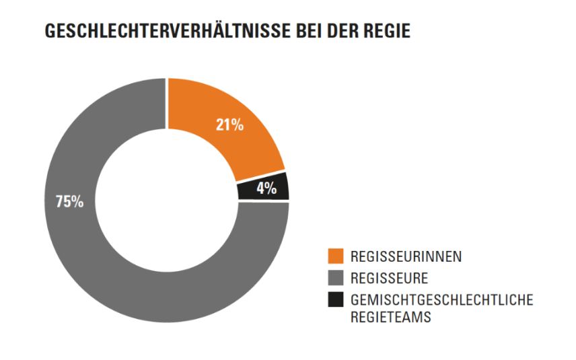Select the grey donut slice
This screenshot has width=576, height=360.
[101, 256]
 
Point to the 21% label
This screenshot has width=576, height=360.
[229, 124]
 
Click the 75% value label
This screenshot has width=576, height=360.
[69, 201]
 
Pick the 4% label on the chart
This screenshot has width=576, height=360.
[266, 188]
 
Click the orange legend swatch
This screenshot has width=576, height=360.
[336, 256]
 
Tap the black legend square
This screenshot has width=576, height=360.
[336, 300]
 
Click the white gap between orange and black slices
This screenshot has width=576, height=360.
[260, 176]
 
